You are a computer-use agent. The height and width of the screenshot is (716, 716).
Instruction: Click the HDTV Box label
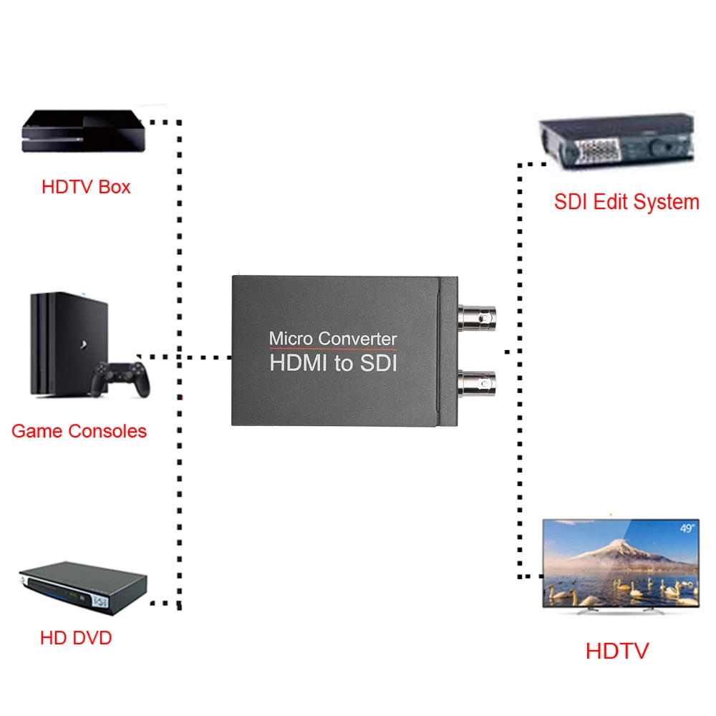point(86,188)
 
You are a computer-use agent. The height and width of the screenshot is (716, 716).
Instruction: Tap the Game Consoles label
point(79,431)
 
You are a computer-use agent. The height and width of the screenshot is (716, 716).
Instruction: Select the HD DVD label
point(76,638)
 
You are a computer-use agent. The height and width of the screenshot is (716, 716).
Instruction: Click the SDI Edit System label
point(626,202)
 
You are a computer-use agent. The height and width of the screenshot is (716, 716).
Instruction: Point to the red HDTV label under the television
point(616,651)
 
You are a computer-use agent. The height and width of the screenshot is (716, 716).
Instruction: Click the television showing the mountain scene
point(620,562)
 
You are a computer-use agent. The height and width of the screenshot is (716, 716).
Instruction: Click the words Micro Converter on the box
point(332,338)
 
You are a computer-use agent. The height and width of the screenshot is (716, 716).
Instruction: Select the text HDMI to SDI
point(333,363)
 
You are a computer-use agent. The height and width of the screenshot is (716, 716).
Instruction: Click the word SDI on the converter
point(378,363)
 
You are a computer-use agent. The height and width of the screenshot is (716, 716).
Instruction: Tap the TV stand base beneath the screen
point(620,611)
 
